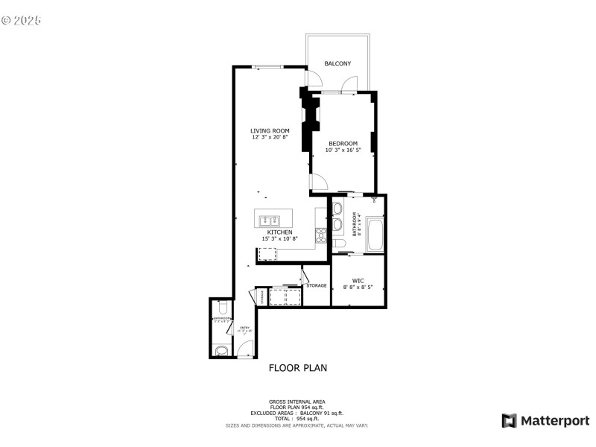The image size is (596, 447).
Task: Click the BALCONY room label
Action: (x=337, y=64)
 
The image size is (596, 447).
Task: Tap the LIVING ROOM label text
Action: (x=270, y=131)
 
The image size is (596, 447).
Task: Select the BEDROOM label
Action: (x=343, y=144)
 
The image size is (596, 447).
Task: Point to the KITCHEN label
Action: (x=279, y=232)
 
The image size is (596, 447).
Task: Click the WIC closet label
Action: (x=358, y=281)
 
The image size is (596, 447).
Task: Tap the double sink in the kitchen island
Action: (x=269, y=220)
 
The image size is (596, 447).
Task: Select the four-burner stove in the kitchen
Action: (x=322, y=235)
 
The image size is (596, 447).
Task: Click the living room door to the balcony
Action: (x=312, y=79)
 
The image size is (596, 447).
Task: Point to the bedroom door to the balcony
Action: (x=348, y=86)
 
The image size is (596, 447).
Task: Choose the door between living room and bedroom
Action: (x=317, y=181)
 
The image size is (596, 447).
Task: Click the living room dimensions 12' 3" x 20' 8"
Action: (x=270, y=138)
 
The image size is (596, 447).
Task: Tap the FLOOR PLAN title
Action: (x=297, y=367)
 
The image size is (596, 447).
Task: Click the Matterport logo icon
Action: (x=509, y=421)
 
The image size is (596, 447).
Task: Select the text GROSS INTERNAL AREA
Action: (x=297, y=402)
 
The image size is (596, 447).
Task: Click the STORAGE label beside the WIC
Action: (x=317, y=285)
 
